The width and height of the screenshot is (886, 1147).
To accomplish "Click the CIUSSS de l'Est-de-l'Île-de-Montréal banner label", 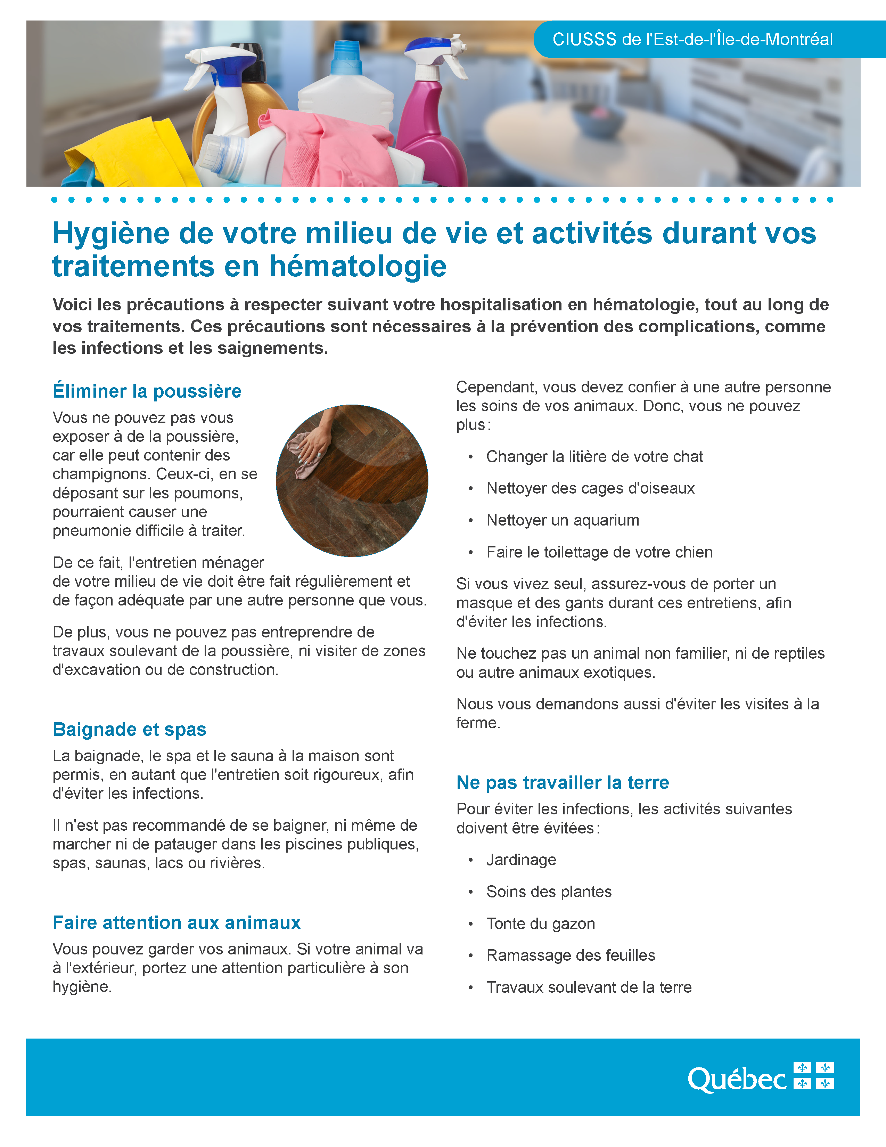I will click(x=692, y=39).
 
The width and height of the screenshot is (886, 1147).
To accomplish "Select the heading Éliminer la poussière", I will click(x=147, y=391).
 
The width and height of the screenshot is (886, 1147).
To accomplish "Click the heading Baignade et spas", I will click(x=130, y=730).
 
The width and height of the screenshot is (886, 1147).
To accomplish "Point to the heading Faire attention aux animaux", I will click(x=177, y=923).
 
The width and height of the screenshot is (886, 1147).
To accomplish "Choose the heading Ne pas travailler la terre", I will click(x=563, y=782).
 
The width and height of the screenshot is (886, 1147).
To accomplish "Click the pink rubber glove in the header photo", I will click(x=331, y=147).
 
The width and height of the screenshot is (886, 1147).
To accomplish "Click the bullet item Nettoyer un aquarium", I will click(x=563, y=520).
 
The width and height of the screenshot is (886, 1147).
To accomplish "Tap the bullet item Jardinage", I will click(x=521, y=860).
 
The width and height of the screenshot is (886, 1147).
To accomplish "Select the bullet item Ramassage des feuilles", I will click(x=571, y=955).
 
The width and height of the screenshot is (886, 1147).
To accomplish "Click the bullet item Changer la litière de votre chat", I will click(x=594, y=456).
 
